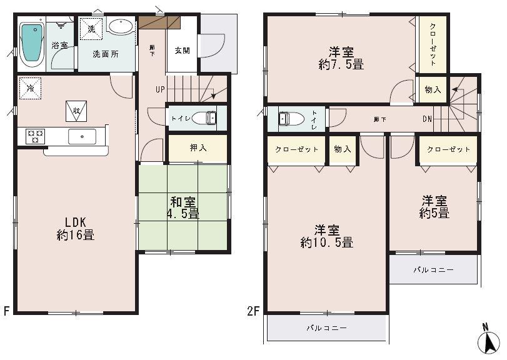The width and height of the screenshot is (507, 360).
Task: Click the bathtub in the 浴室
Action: tap(31, 42)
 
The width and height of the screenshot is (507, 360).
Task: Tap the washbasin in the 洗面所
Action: tap(120, 27)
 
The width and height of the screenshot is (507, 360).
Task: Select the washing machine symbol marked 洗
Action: tap(91, 29)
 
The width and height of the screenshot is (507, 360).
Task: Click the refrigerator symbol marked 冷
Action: tap(29, 87)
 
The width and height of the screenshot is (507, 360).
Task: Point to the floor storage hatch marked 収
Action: tap(76, 111)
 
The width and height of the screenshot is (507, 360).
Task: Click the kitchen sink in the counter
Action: tap(81, 136)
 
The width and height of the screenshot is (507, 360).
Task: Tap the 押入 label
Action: tap(198, 148)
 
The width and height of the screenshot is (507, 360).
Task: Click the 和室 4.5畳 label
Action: tap(183, 207)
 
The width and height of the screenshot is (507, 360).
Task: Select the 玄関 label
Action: tap(182, 50)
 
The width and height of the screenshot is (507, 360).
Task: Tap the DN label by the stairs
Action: tap(428, 119)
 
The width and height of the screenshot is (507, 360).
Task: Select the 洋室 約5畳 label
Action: tap(434, 207)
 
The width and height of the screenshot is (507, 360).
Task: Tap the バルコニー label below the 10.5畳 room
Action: tap(326, 327)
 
